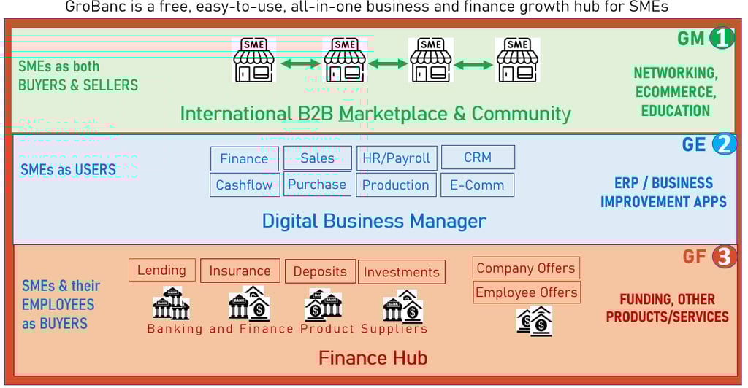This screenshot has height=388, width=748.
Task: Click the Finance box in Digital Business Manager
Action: [x=244, y=159]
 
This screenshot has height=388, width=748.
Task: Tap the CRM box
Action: [x=478, y=158]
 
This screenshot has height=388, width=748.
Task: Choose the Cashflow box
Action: [x=244, y=185]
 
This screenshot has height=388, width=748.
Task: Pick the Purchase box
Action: [x=317, y=185]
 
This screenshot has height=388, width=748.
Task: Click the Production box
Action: [x=397, y=185]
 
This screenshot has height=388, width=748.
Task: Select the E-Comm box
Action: [x=478, y=185]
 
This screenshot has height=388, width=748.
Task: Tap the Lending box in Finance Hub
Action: [x=162, y=271]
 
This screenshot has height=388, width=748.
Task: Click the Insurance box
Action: [x=240, y=271]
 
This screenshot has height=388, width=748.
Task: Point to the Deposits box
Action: [x=320, y=272]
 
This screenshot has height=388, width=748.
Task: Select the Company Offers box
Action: [x=527, y=268]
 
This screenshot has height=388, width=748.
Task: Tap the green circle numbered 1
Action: [x=722, y=38]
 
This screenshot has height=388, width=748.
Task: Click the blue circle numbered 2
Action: [x=724, y=144]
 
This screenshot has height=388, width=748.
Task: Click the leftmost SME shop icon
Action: [x=254, y=60]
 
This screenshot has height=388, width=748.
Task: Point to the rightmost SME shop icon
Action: [x=517, y=60]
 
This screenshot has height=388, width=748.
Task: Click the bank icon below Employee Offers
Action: [x=535, y=321]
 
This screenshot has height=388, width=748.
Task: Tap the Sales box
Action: [x=317, y=158]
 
